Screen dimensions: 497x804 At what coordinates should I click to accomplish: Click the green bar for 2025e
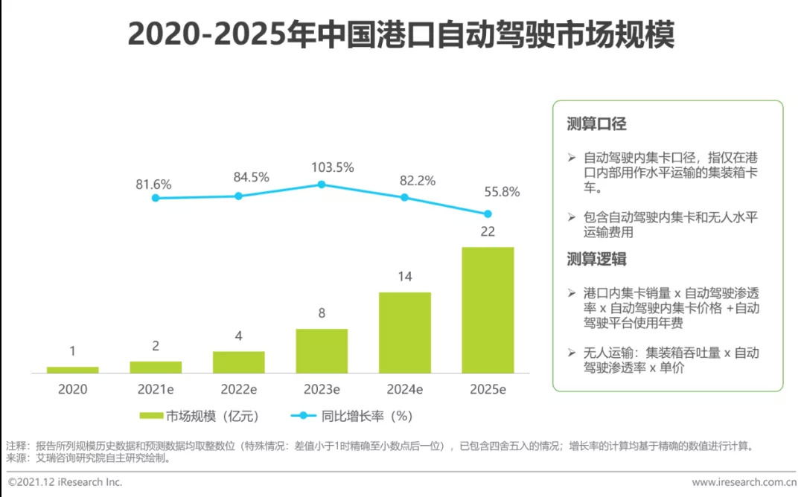click(x=488, y=310)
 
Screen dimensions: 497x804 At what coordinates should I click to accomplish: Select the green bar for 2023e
click(x=322, y=350)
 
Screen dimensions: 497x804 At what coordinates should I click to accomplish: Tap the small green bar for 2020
click(x=72, y=369)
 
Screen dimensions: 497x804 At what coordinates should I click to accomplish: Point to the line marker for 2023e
click(x=322, y=184)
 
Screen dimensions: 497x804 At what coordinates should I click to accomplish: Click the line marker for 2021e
click(x=155, y=198)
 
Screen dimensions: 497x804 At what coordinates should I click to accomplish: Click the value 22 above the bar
click(x=488, y=231)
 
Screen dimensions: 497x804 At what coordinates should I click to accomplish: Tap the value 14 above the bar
click(x=404, y=277)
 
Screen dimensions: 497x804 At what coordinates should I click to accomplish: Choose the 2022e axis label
click(x=238, y=389)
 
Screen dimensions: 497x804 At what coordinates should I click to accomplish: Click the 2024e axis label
click(x=404, y=389)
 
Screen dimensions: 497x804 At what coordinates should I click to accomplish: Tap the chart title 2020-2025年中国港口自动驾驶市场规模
click(x=401, y=34)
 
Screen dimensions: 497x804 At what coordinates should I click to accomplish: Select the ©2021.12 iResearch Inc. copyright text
click(x=65, y=482)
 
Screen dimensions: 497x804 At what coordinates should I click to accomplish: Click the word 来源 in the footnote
click(x=14, y=458)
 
